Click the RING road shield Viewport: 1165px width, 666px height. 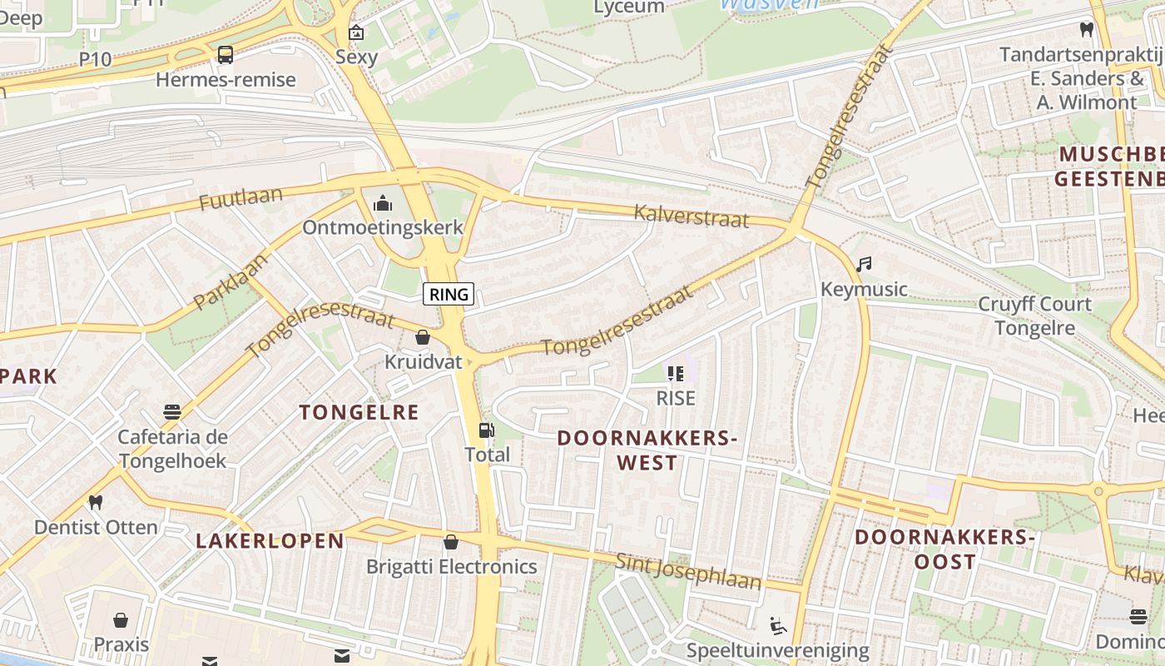pos(449,293)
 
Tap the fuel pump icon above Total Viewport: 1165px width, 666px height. pos(486,430)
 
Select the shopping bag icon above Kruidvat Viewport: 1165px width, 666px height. pos(423,337)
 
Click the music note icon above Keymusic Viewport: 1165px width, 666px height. pos(864,265)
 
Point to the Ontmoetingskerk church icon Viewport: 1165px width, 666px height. pos(383,203)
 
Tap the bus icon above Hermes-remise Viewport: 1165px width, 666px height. pos(225,55)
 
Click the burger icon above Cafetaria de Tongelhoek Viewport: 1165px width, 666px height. pos(172,412)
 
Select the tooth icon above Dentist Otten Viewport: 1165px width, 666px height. pos(96,502)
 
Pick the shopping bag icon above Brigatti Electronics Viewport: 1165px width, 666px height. pos(451,542)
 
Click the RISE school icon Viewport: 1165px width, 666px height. pos(675,374)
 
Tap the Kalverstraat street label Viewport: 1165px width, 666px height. pos(691,216)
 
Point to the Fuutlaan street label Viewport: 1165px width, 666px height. pos(240,200)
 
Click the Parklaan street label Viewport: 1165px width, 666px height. pos(231,281)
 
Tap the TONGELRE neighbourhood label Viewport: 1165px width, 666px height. pos(359,412)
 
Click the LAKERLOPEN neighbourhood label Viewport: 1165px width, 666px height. pos(270,541)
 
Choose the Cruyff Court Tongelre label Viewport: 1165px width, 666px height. pos(1034,316)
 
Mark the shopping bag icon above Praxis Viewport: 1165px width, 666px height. pos(121,620)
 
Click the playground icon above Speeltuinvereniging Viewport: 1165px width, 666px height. pos(778,625)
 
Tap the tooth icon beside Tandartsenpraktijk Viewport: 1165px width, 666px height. pos(1085,30)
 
